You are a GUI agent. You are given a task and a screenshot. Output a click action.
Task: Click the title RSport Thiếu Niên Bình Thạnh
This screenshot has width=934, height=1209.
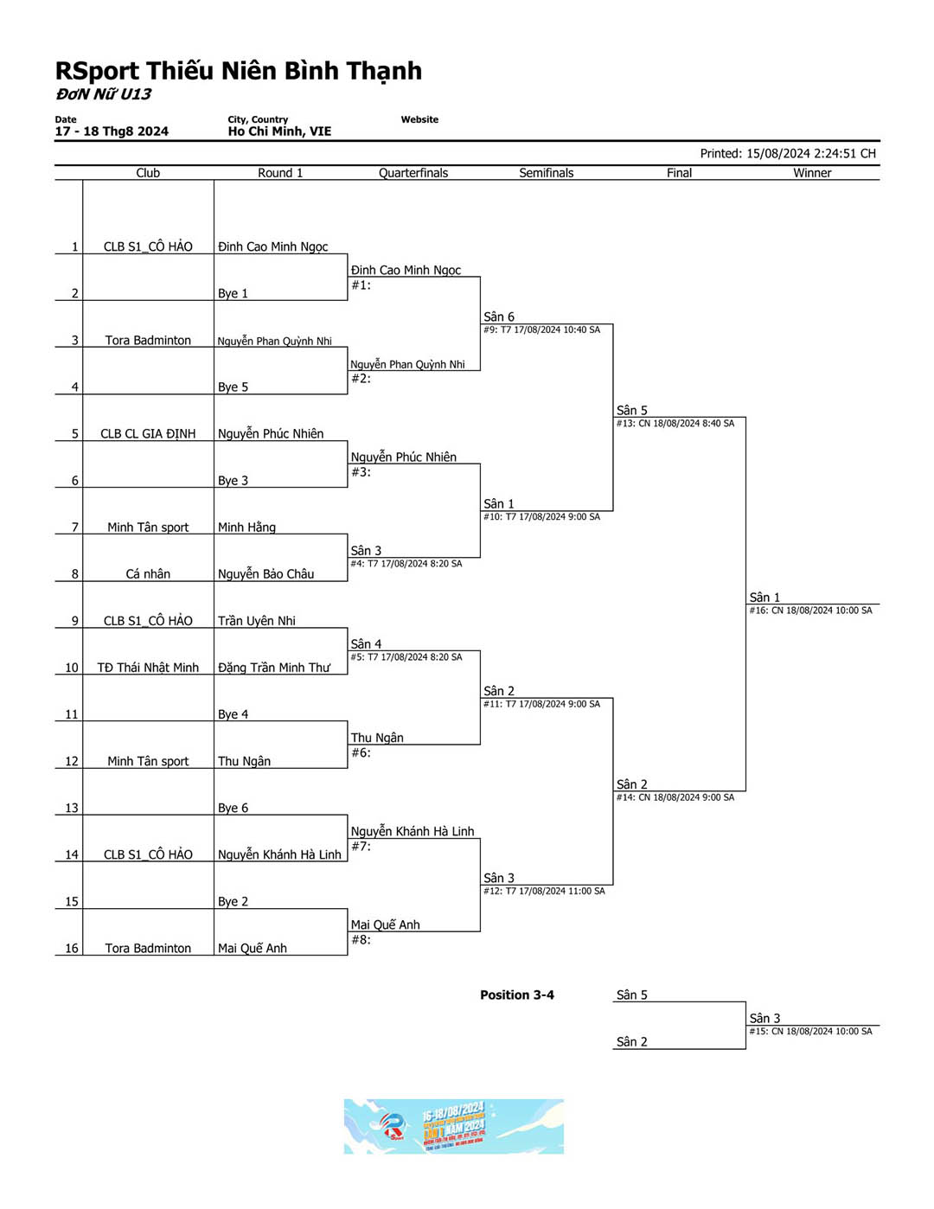239,71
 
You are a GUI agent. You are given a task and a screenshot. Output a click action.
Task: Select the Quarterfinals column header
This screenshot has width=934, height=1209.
413,173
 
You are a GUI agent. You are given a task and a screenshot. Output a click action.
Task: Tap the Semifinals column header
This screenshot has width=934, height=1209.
546,173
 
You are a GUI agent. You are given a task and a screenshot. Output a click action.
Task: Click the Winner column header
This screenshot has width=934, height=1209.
812,173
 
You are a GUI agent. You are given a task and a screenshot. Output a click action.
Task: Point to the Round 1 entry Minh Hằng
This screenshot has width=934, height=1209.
246,528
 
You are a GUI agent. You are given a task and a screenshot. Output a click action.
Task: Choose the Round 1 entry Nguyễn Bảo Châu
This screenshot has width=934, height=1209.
265,574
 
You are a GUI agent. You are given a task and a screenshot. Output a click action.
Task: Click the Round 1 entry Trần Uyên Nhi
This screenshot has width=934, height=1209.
256,621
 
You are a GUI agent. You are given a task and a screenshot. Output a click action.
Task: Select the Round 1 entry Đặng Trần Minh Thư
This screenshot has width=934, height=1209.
273,668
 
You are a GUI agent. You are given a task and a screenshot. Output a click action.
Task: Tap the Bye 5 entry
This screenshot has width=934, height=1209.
233,387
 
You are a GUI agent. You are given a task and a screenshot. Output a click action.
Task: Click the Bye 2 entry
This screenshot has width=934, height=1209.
233,901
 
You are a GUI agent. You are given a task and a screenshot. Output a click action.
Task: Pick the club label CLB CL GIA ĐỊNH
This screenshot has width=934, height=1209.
148,434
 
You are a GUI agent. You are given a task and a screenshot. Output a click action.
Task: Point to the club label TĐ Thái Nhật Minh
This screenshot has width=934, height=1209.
148,668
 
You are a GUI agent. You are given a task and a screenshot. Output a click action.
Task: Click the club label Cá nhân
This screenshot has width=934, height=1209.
148,574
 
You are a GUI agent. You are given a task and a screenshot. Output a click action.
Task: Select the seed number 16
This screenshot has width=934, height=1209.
72,949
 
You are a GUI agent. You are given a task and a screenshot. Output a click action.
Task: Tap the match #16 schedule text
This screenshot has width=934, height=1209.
810,611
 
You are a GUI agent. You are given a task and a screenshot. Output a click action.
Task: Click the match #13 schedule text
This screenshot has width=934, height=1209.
675,424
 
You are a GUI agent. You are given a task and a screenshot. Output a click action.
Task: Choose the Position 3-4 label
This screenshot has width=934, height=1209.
517,995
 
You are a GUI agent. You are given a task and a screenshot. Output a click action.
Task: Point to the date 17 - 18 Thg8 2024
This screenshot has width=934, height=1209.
112,131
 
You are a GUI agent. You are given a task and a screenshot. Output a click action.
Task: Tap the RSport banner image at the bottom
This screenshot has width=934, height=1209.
453,1126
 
